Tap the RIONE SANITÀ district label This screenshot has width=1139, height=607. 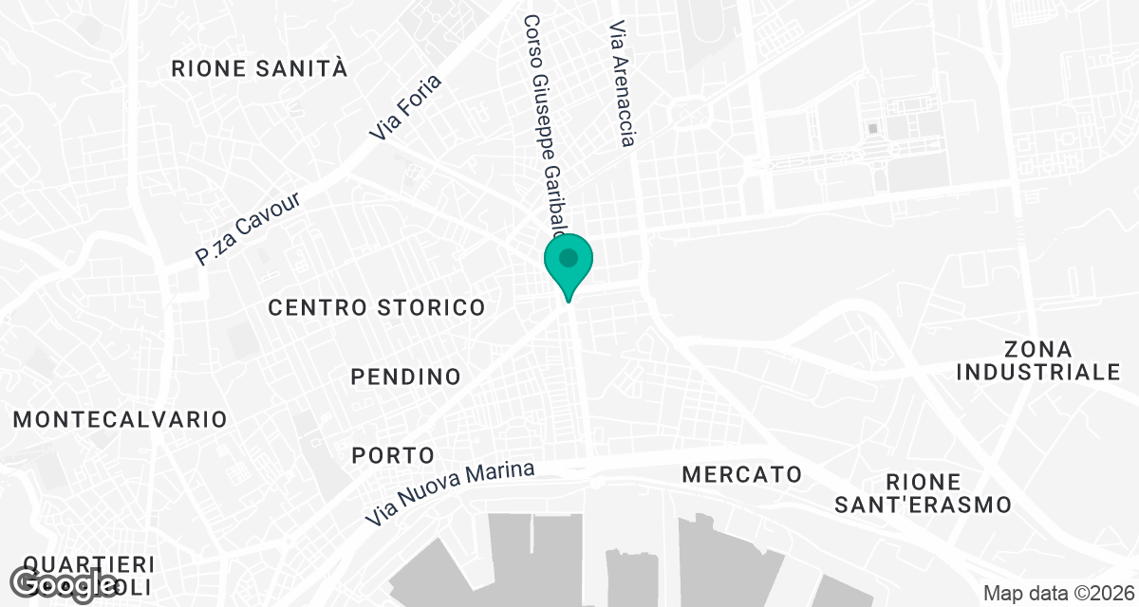259,68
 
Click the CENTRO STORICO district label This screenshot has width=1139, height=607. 377,307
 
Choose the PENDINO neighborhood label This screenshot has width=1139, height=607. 405,377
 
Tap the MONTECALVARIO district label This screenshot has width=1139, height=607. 121,419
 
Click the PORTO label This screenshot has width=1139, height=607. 393,455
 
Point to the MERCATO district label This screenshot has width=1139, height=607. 742,473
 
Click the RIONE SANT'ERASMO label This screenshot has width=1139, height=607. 923,493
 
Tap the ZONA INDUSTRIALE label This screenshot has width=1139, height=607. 1038,360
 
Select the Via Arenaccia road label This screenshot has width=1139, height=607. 621,84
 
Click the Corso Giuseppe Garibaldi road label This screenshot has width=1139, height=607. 545,128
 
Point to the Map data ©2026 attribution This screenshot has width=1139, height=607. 1056,594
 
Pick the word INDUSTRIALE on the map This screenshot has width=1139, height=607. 1038,372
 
